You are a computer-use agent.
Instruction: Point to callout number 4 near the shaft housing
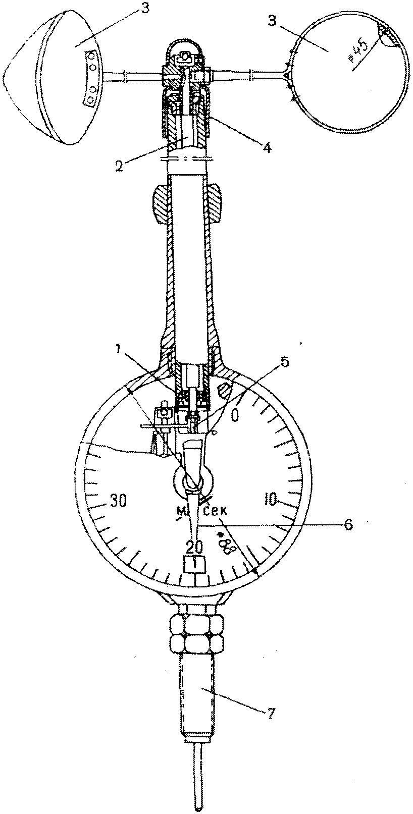pyautogui.click(x=267, y=148)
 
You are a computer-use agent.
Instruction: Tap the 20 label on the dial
pyautogui.click(x=195, y=547)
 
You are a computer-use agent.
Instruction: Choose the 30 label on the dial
pyautogui.click(x=119, y=501)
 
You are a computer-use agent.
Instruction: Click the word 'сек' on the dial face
pyautogui.click(x=213, y=513)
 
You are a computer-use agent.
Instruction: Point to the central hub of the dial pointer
pyautogui.click(x=191, y=479)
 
